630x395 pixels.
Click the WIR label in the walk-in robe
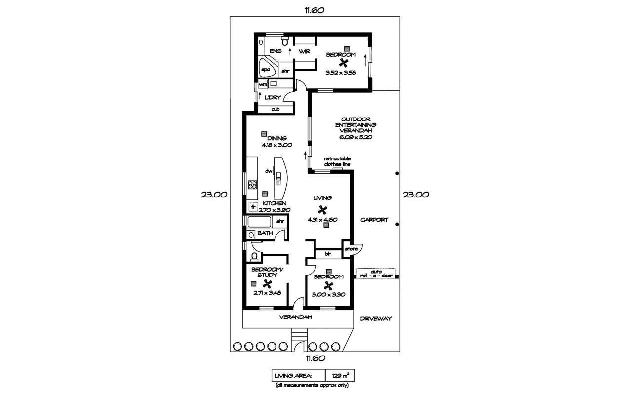(304, 51)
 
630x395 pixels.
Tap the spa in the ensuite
(265, 70)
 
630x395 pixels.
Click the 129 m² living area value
(340, 376)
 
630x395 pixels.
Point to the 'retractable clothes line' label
(337, 161)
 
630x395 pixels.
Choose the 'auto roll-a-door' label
(376, 273)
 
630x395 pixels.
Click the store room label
(351, 249)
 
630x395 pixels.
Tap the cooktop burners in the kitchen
(253, 185)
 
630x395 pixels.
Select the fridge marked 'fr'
(253, 206)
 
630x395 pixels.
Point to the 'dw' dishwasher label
(269, 171)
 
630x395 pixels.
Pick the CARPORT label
(374, 220)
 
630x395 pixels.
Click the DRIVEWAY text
(376, 318)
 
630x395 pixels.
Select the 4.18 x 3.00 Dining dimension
(277, 145)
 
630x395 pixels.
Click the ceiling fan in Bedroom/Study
(268, 284)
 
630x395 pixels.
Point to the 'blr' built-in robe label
(327, 254)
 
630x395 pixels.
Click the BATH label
(265, 233)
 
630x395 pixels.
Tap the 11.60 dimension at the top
(314, 10)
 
